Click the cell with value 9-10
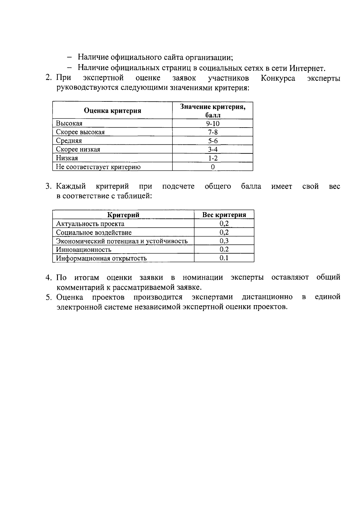(213, 123)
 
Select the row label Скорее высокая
(80, 132)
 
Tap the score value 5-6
(213, 141)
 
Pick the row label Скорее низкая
(78, 149)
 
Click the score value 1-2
(213, 158)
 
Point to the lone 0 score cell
(213, 167)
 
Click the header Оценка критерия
(112, 111)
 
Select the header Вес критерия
(224, 215)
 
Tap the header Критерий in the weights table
(123, 215)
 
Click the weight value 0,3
(224, 241)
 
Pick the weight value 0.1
(224, 258)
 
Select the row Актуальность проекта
(90, 224)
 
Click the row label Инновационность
(84, 250)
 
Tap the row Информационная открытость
(101, 258)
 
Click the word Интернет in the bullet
(307, 68)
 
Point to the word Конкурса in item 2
(278, 78)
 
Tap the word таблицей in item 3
(135, 196)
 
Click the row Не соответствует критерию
(98, 167)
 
